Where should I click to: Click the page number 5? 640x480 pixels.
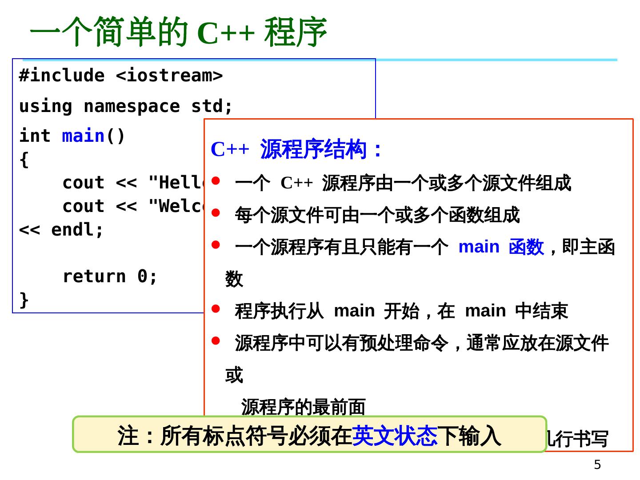(x=597, y=464)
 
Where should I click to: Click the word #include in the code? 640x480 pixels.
(x=62, y=76)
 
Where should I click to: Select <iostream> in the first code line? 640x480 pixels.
(x=169, y=76)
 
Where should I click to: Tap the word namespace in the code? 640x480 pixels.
(x=132, y=106)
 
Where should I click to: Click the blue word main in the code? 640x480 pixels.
(x=83, y=136)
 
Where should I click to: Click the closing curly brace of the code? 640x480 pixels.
(x=24, y=299)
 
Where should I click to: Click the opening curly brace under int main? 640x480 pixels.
(x=24, y=160)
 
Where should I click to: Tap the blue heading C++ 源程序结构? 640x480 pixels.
(x=296, y=149)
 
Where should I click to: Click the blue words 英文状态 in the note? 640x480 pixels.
(x=394, y=435)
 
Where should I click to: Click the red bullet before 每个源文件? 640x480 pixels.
(x=216, y=213)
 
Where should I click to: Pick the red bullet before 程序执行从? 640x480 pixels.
(x=216, y=308)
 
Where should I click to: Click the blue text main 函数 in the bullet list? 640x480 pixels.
(x=501, y=247)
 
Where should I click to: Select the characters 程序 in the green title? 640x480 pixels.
(x=296, y=32)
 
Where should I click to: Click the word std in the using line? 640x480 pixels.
(x=207, y=106)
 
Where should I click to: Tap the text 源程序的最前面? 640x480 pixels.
(x=303, y=407)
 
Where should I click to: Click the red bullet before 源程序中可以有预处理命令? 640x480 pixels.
(x=216, y=341)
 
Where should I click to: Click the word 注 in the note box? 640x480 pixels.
(x=128, y=435)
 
